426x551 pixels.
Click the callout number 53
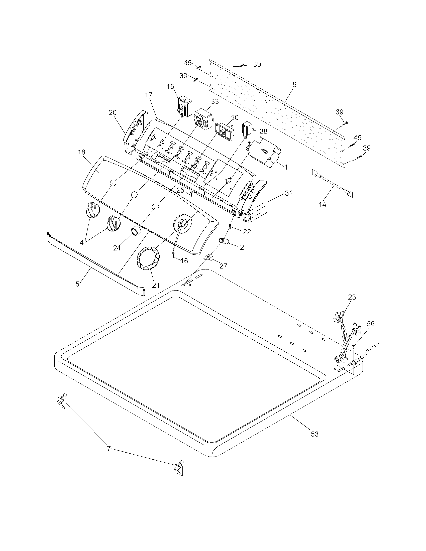314,434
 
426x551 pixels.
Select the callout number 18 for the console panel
81,152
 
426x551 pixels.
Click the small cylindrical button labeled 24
136,231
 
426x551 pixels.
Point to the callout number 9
294,84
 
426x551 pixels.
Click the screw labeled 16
173,255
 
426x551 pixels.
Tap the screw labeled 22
230,226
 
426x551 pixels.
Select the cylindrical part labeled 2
224,241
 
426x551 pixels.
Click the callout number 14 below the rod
323,204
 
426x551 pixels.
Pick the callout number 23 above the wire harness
352,297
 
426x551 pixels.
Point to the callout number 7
109,449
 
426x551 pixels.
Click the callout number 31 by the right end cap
288,193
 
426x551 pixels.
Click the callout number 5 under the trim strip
77,284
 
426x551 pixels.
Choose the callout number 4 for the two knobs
81,243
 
